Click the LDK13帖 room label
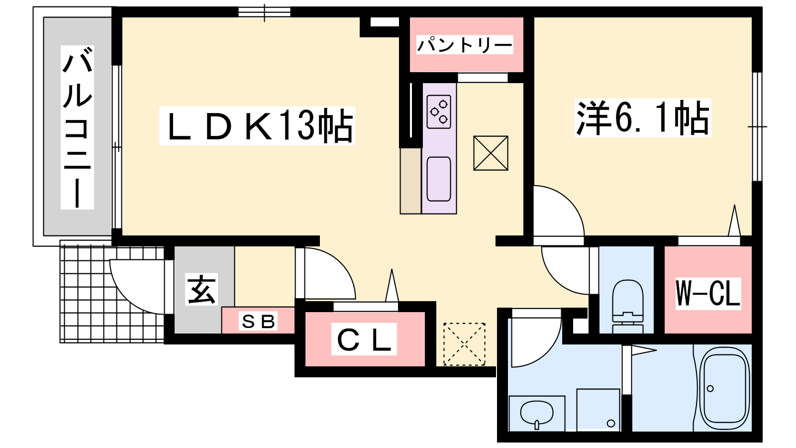pyautogui.click(x=257, y=125)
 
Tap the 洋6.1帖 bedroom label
pyautogui.click(x=642, y=117)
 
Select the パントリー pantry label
pyautogui.click(x=465, y=45)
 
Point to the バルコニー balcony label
pyautogui.click(x=77, y=127)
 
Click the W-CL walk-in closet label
pyautogui.click(x=708, y=293)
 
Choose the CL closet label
pyautogui.click(x=364, y=339)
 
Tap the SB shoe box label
pyautogui.click(x=258, y=321)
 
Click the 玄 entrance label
pyautogui.click(x=201, y=289)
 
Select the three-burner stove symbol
pyautogui.click(x=439, y=112)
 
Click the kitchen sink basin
pyautogui.click(x=439, y=179)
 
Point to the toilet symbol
pyautogui.click(x=627, y=306)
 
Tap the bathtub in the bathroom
pyautogui.click(x=724, y=389)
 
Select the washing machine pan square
pyautogui.click(x=598, y=410)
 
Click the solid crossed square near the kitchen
pyautogui.click(x=491, y=153)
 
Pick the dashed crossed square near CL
pyautogui.click(x=464, y=344)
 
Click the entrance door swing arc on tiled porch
pyautogui.click(x=137, y=287)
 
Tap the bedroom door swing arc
pyautogui.click(x=559, y=211)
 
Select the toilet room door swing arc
pyautogui.click(x=565, y=271)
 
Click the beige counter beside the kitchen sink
pyautogui.click(x=410, y=181)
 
